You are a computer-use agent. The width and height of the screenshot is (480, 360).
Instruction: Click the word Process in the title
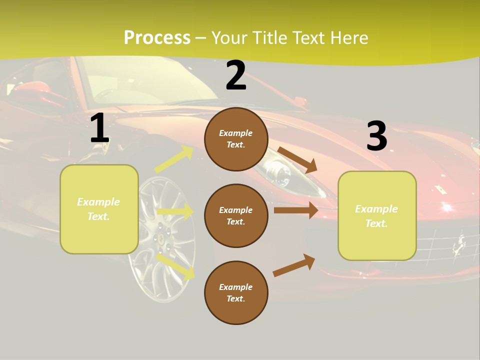click(x=157, y=37)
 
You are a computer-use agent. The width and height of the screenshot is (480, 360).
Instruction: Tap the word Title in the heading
click(x=271, y=37)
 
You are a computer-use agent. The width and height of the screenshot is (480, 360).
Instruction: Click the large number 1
click(x=99, y=128)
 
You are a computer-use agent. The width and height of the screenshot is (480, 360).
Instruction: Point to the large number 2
click(x=236, y=75)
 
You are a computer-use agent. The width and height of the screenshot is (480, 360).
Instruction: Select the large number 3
click(x=376, y=136)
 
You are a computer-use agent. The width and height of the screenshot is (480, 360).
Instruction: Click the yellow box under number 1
click(x=99, y=209)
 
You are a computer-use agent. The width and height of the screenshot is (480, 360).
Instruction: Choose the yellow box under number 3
click(x=377, y=215)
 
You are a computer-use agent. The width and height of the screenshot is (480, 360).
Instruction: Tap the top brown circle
click(x=236, y=139)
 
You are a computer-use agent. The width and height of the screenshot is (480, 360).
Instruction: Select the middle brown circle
click(x=236, y=215)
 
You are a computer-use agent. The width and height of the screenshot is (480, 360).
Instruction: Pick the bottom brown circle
click(x=236, y=292)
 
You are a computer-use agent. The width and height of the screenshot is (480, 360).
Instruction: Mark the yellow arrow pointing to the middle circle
click(x=175, y=211)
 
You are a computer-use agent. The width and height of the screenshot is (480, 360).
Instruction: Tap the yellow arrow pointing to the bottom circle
click(x=175, y=266)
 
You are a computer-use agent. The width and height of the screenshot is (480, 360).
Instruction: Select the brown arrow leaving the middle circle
click(x=296, y=210)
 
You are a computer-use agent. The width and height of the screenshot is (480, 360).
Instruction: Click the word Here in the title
click(x=349, y=37)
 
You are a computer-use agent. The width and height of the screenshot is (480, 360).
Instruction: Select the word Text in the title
click(x=311, y=37)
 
